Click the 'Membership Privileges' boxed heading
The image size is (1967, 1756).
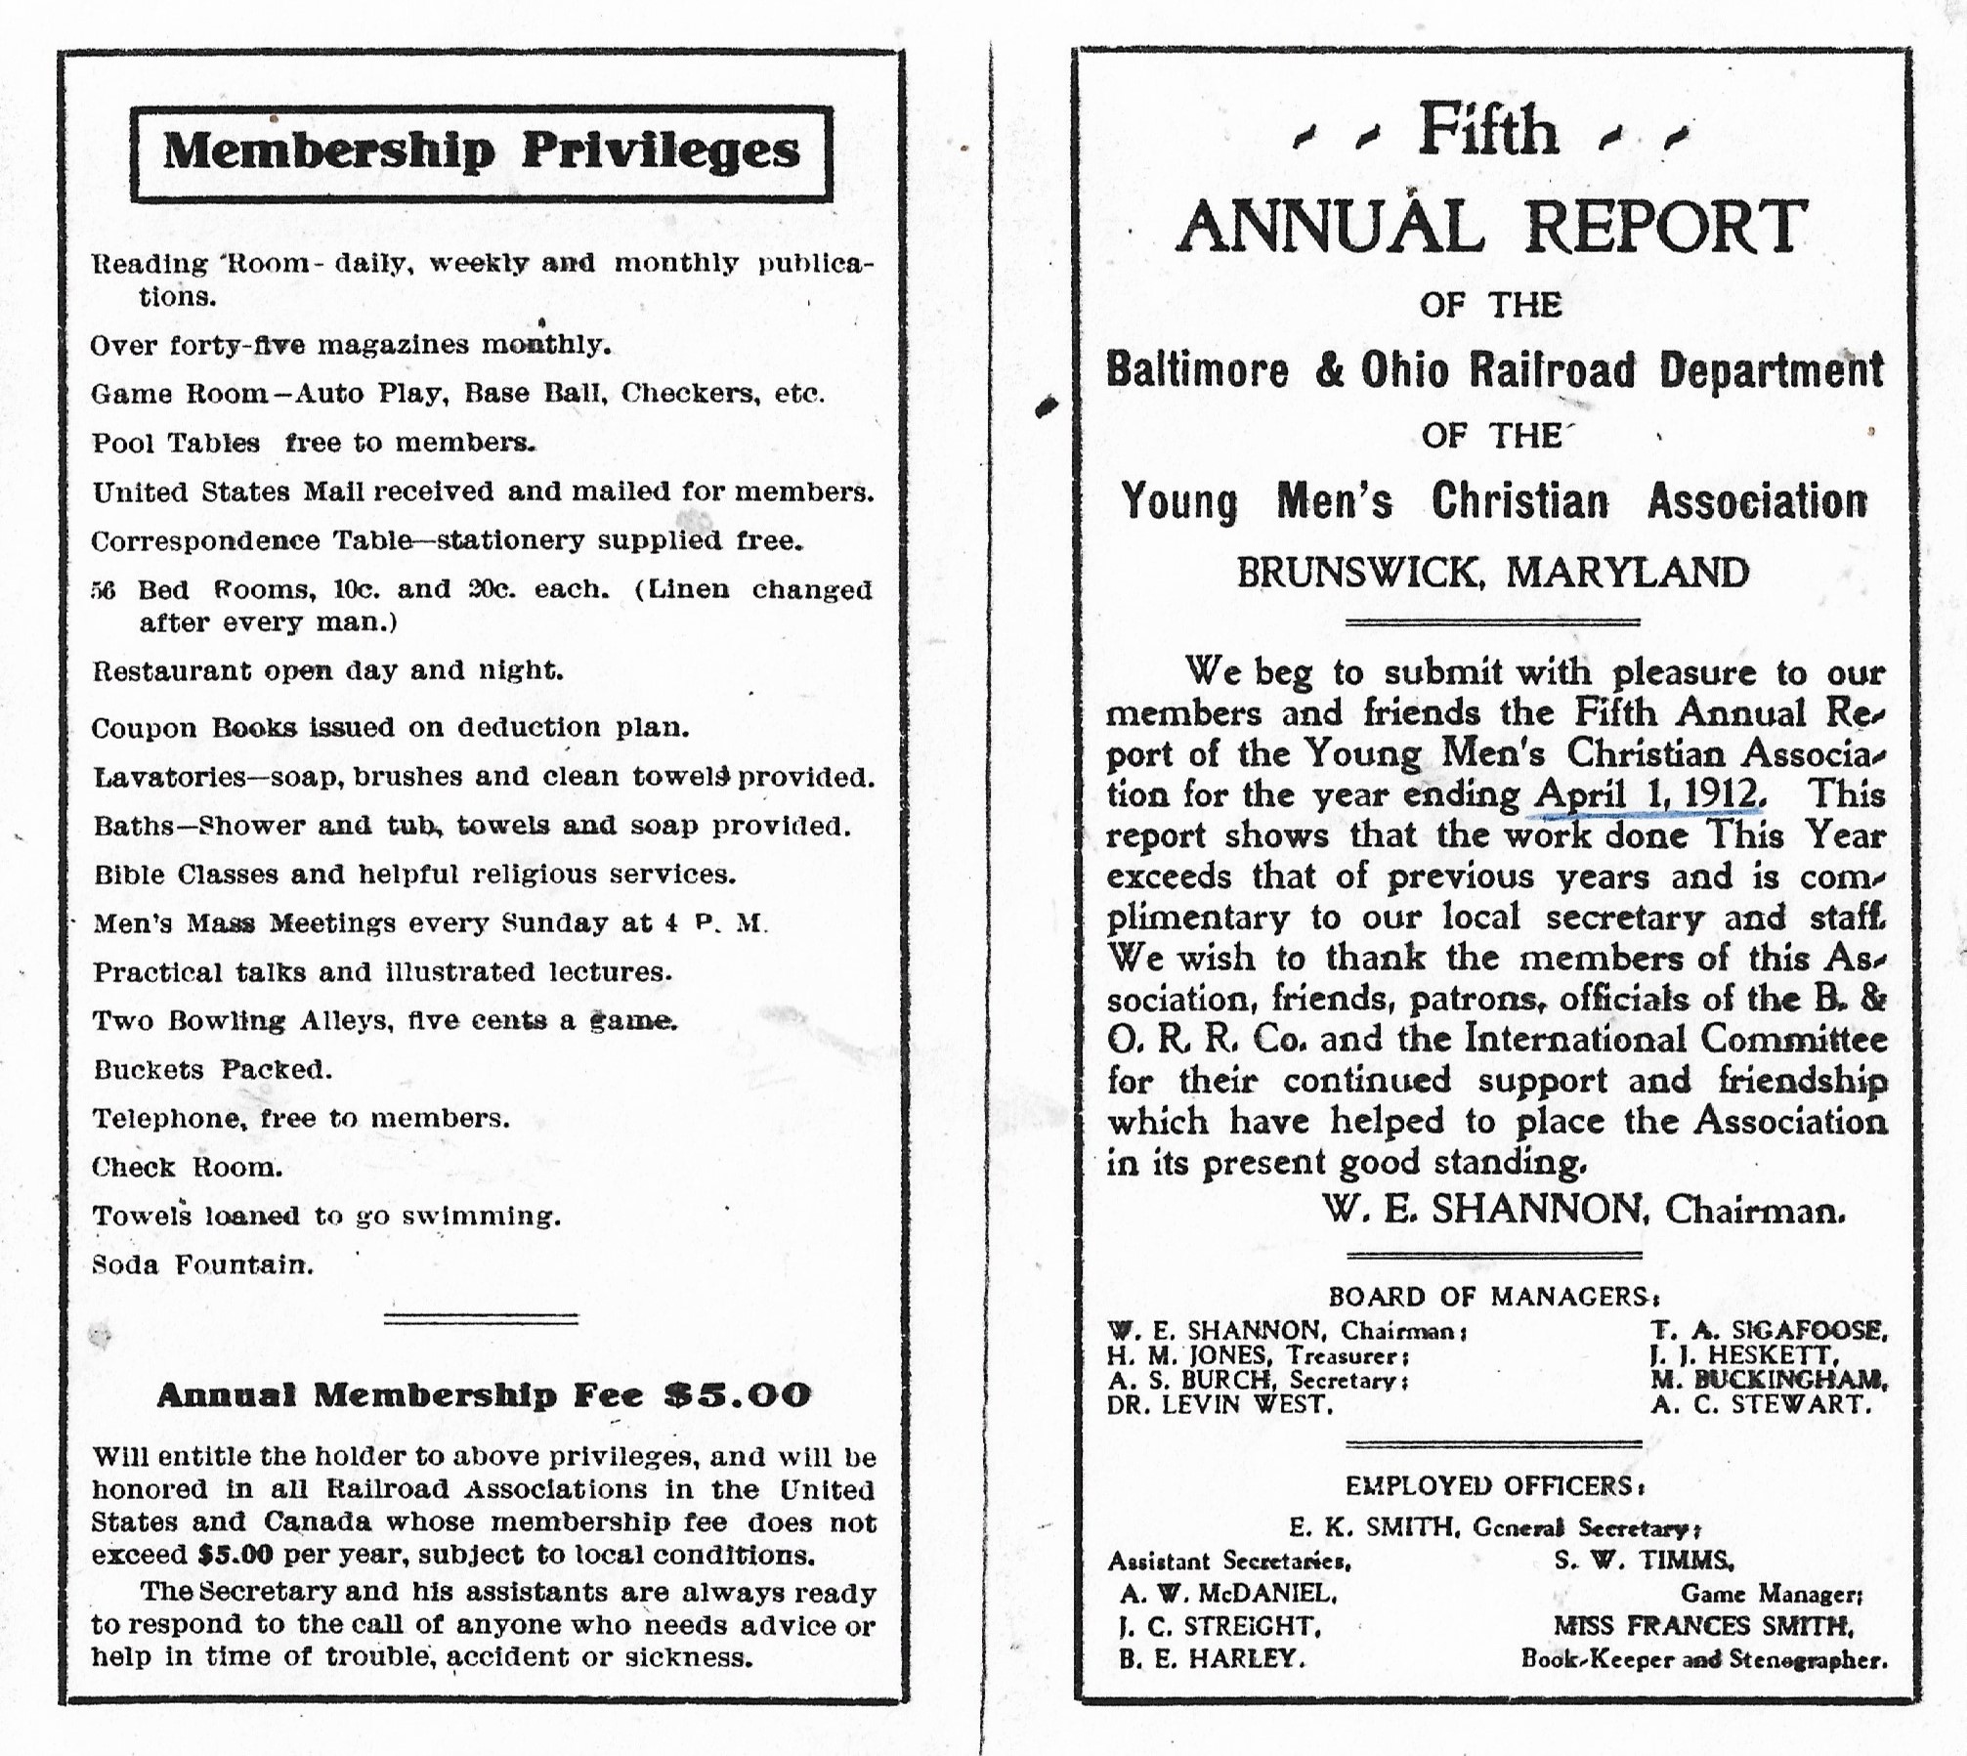481,152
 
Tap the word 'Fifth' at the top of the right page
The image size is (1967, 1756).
1488,133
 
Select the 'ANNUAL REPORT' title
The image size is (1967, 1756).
1492,227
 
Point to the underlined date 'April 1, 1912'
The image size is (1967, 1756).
1649,794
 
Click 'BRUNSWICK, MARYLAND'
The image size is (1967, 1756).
1492,573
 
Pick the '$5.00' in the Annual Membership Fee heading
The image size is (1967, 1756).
738,1394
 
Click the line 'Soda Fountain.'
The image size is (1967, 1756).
202,1265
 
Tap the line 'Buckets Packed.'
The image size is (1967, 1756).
212,1070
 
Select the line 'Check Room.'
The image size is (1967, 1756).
187,1168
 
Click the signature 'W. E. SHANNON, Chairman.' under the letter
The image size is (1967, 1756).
1583,1211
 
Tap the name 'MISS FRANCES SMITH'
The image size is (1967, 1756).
1704,1625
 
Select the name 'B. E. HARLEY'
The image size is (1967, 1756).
1212,1658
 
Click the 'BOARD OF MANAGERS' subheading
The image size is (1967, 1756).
1492,1297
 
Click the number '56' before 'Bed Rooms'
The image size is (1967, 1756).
104,591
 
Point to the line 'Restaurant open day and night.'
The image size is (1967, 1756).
327,671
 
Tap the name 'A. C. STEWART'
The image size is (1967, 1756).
1761,1405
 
